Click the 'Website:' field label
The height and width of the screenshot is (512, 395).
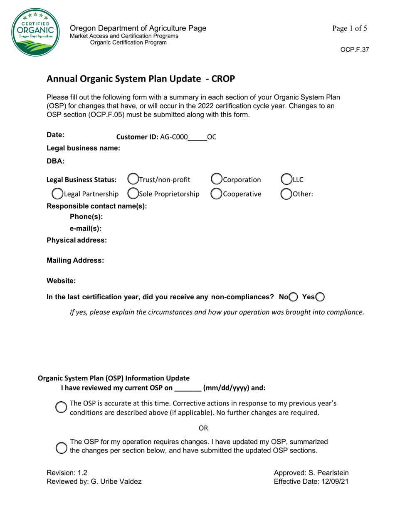(61, 281)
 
